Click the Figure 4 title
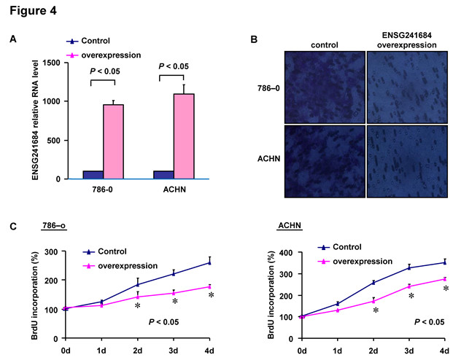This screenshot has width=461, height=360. click(31, 12)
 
